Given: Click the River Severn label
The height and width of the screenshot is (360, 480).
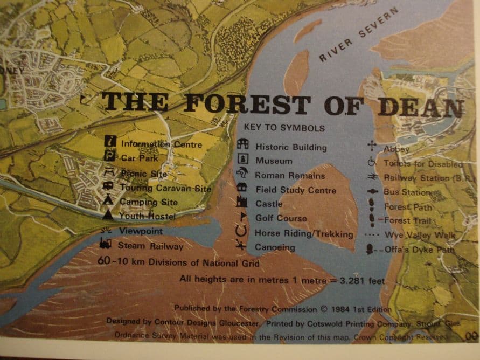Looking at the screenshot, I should pos(358,34).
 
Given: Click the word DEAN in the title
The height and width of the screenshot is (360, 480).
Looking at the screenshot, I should pos(420,107).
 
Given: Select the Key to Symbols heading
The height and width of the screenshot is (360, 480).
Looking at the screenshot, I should pos(284,128).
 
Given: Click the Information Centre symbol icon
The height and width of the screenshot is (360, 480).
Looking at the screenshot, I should pos(110,142).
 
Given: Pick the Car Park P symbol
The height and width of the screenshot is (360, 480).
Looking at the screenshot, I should pos(110,157).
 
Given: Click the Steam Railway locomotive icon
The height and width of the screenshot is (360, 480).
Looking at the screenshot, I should pos(106,245).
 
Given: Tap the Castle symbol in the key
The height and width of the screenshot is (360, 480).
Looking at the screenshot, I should pos(242,203).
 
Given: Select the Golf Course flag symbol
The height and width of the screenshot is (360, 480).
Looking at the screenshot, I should pos(243,217).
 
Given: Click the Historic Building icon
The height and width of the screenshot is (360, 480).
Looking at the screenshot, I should pos(243,145).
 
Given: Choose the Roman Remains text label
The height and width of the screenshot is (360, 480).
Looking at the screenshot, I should pos(290,176).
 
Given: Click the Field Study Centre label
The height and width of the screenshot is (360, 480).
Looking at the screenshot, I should pos(296,190).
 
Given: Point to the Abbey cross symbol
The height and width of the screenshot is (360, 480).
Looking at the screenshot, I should pos(372,146).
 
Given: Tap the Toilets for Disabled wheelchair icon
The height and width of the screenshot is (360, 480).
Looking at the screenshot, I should pos(372,161).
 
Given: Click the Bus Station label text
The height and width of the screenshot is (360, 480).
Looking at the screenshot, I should pos(407,192).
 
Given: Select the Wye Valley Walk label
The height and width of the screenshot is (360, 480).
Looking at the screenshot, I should pos(419,236).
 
